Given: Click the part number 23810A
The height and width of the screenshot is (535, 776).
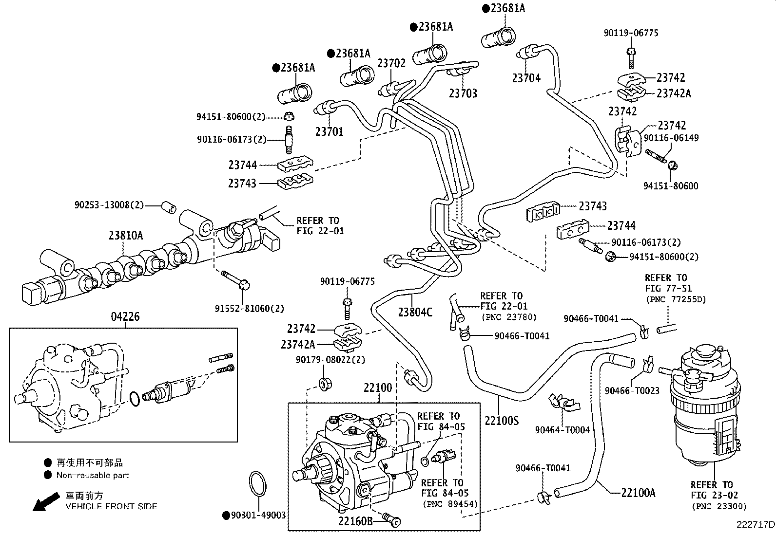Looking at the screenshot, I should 126,236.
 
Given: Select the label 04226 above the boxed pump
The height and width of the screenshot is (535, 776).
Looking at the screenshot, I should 125,317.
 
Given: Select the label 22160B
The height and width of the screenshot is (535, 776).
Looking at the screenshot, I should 356,521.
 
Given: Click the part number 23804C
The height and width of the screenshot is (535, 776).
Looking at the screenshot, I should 415,312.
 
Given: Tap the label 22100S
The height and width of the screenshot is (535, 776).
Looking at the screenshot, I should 502,420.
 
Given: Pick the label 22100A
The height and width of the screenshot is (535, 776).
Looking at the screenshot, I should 638,493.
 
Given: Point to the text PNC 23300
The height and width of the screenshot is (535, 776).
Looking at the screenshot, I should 719,506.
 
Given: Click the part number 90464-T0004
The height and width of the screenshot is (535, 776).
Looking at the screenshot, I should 562,430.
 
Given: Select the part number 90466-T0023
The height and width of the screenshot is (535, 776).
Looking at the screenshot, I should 632,390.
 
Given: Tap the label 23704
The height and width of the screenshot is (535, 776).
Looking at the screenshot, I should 526,78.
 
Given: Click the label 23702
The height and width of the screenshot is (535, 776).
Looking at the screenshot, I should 391,63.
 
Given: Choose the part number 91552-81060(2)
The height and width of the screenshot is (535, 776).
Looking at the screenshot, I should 249,309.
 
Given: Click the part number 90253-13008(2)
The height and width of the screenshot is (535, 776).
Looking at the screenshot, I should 109,205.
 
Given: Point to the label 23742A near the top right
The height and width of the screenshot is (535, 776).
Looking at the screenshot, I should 674,93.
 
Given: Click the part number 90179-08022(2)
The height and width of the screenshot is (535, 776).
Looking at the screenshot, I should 330,360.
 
